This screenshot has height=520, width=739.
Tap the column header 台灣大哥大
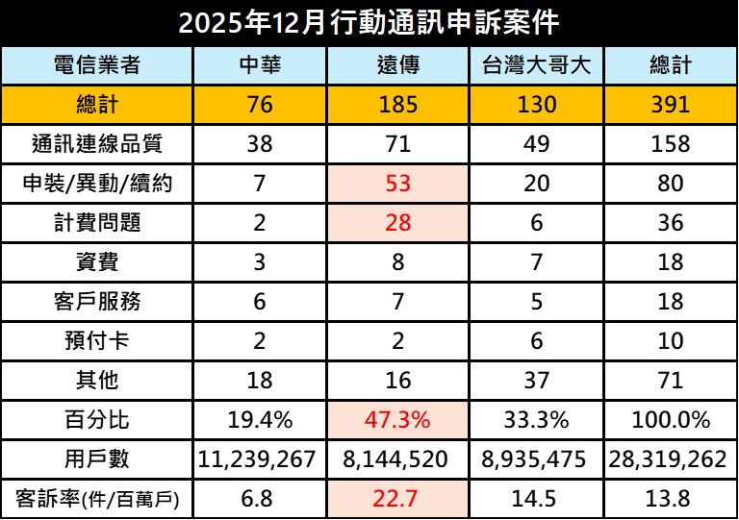[536, 65]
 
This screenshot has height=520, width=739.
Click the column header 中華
[260, 65]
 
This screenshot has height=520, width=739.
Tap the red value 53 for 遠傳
[397, 184]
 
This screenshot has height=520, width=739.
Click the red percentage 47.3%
[397, 420]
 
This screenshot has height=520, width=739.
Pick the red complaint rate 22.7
[397, 499]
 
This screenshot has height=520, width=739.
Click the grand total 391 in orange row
[670, 105]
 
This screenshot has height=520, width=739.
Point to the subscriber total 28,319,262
[670, 459]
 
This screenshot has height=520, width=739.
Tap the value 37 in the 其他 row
[536, 381]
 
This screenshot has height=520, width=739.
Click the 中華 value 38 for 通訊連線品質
[260, 144]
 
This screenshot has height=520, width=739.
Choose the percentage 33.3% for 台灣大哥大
[536, 420]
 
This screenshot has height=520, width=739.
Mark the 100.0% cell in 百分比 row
[670, 420]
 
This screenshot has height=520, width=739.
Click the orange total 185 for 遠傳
[397, 105]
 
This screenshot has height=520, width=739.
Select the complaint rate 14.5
[536, 499]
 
